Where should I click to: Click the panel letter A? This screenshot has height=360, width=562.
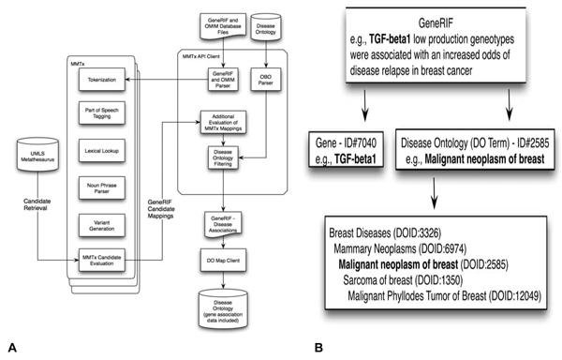point(9,347)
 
